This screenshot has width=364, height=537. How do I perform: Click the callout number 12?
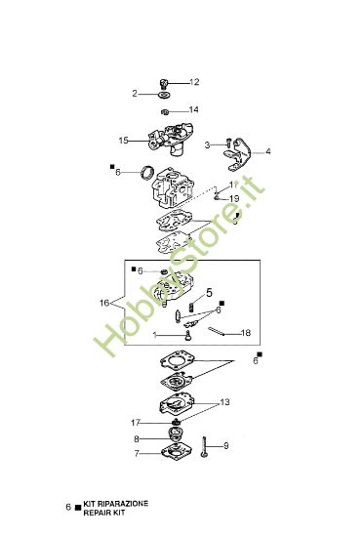194,81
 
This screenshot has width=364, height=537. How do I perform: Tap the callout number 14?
194,109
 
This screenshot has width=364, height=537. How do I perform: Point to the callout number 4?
268,151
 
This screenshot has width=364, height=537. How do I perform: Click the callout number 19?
234,198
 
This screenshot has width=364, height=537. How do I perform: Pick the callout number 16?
104,304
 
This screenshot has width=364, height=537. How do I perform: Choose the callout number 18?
246,332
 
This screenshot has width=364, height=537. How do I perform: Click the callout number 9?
225,446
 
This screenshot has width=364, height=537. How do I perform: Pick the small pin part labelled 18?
223,331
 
